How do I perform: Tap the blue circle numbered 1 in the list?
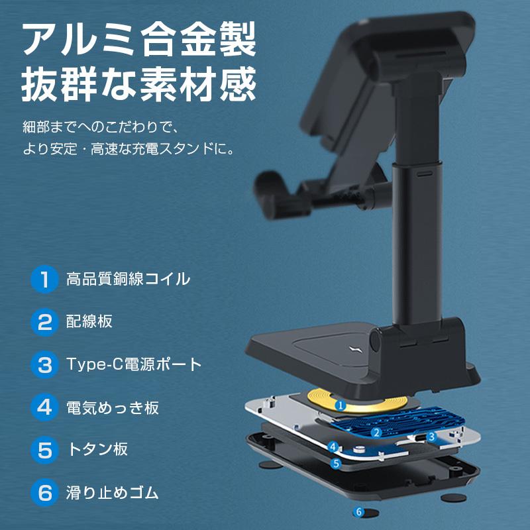click(44, 279)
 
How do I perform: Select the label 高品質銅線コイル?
click(128, 279)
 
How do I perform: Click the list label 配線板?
click(89, 322)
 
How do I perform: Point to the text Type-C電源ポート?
click(134, 364)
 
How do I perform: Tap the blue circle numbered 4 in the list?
click(44, 407)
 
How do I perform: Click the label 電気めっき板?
click(113, 407)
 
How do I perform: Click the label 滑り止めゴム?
click(113, 493)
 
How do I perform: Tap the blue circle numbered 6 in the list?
click(44, 493)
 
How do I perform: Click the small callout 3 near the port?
click(431, 437)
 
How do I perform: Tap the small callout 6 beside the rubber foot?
click(358, 511)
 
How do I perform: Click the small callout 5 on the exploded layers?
click(336, 463)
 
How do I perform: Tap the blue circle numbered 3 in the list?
click(44, 364)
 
